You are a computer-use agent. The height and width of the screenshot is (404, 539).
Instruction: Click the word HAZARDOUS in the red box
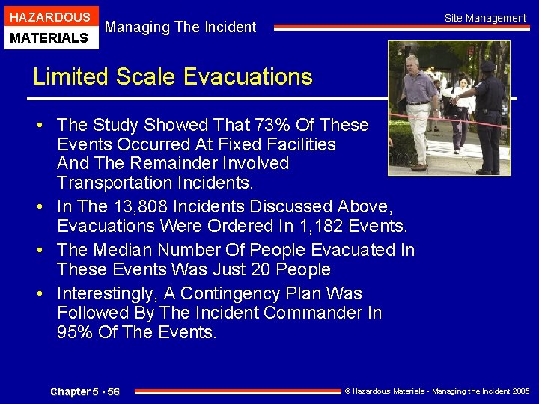[49, 17]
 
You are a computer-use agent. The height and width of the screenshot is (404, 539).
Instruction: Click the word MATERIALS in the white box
[49, 37]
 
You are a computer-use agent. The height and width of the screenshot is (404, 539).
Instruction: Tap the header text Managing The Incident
[180, 28]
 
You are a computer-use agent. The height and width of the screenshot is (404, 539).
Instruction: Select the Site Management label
[485, 18]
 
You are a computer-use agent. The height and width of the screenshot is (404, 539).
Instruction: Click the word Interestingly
[112, 293]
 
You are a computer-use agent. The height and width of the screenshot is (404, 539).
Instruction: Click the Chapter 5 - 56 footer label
[85, 391]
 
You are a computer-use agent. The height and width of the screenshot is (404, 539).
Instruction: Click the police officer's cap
[487, 66]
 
